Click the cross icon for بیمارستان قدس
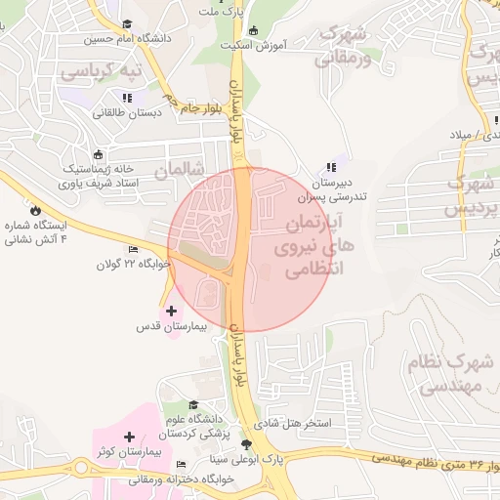click(x=173, y=311)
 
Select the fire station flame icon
click(x=36, y=208)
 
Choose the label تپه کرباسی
click(x=101, y=71)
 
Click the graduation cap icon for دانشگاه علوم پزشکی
click(x=193, y=404)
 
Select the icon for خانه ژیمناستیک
click(x=97, y=154)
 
